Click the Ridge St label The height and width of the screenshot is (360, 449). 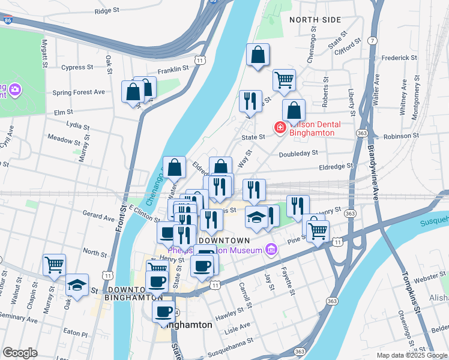pos(108,11)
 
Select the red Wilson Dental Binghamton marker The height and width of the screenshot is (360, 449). pos(280,128)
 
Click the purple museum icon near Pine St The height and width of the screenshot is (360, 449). pos(271,248)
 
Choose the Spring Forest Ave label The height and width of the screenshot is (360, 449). pos(79,92)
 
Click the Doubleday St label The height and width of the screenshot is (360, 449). pos(298,154)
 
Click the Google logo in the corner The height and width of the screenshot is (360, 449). pos(20,353)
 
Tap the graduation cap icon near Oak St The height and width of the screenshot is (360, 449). pos(77,284)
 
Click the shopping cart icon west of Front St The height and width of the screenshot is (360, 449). pos(54,264)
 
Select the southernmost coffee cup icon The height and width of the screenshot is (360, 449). pos(164,311)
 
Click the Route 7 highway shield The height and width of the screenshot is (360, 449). pos(373,40)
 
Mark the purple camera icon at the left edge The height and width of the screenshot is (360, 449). pos(15,91)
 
